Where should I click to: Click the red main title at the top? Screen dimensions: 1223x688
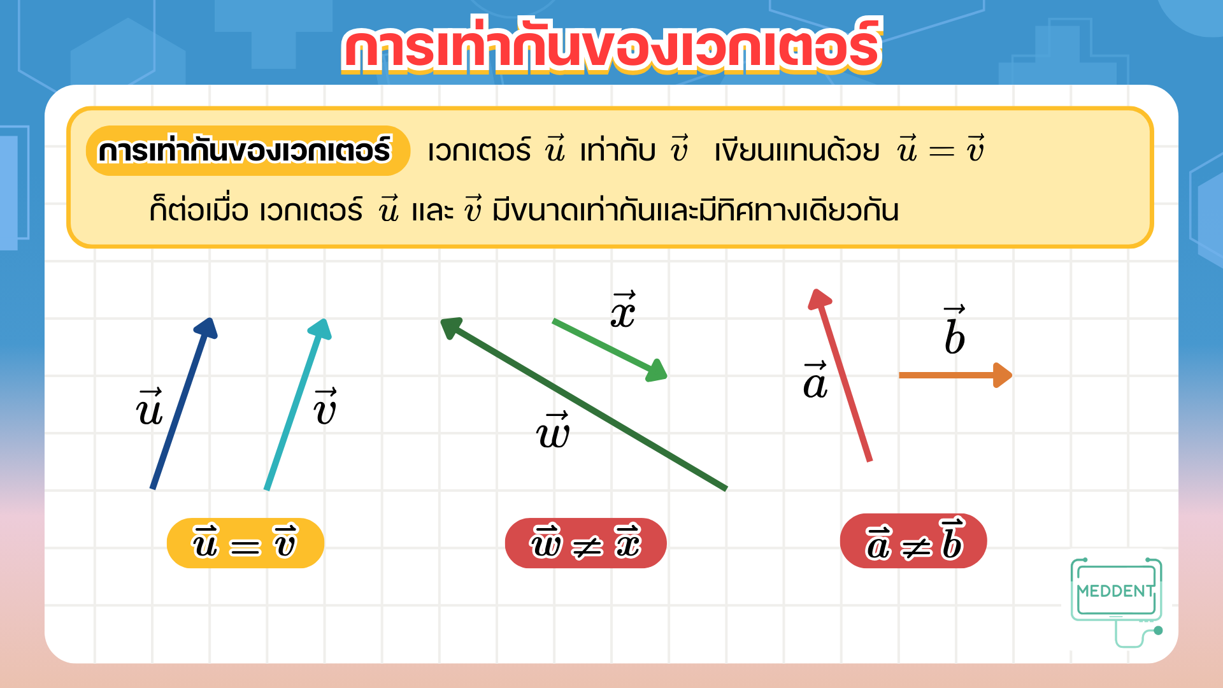click(x=611, y=46)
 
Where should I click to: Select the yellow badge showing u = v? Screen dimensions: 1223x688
click(x=245, y=543)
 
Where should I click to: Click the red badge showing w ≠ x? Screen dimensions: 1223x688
click(x=585, y=543)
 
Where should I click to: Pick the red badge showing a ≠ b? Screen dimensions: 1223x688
click(x=913, y=541)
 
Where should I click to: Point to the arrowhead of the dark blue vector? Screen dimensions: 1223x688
click(x=207, y=327)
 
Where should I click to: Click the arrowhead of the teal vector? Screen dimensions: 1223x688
click(x=321, y=329)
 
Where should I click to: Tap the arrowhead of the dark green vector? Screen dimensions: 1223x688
click(x=452, y=327)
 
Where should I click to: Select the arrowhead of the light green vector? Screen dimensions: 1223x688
click(x=657, y=371)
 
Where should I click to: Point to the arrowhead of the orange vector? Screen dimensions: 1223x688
click(x=1003, y=375)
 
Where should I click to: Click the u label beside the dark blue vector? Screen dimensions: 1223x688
click(x=150, y=407)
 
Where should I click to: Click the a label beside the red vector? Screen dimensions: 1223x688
click(x=815, y=380)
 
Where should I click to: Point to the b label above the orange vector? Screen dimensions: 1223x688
click(x=954, y=329)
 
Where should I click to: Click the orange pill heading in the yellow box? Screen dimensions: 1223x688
click(x=248, y=151)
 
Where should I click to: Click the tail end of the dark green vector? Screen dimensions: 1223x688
click(x=726, y=489)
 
